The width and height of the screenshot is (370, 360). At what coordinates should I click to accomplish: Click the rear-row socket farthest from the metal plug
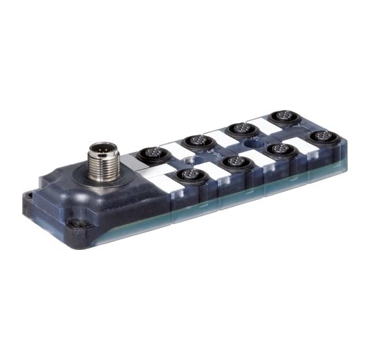pyautogui.click(x=282, y=117)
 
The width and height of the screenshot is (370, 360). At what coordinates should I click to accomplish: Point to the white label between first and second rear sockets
pyautogui.click(x=173, y=149)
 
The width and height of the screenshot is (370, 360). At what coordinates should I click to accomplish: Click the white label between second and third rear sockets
pyautogui.click(x=219, y=135)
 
